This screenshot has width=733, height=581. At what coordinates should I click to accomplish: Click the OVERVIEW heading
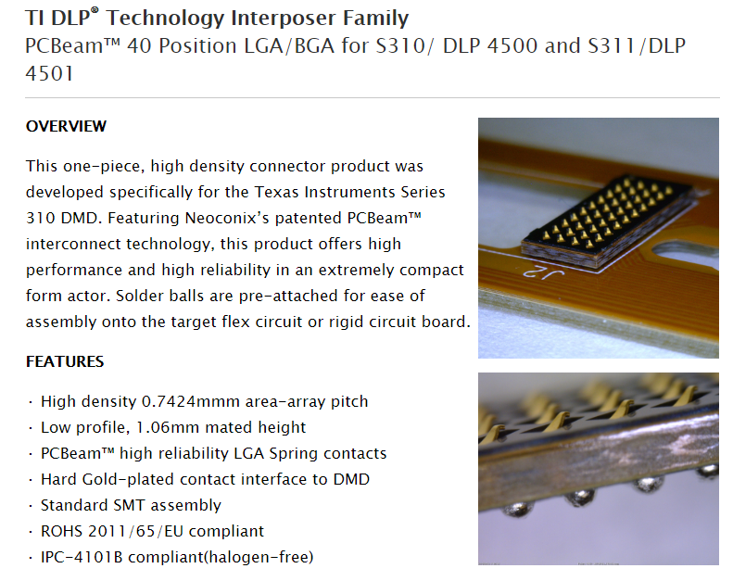point(66,126)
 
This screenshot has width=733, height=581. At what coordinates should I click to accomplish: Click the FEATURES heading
point(65,361)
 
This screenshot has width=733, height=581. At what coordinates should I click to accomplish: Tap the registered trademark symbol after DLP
point(95,10)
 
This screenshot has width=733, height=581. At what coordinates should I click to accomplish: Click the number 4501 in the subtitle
point(49,74)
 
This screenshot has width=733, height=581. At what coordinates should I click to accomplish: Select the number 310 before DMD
point(40,219)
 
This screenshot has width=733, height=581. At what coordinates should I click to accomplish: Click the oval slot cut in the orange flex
point(686,252)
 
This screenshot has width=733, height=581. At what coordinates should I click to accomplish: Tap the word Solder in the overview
point(137,296)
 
